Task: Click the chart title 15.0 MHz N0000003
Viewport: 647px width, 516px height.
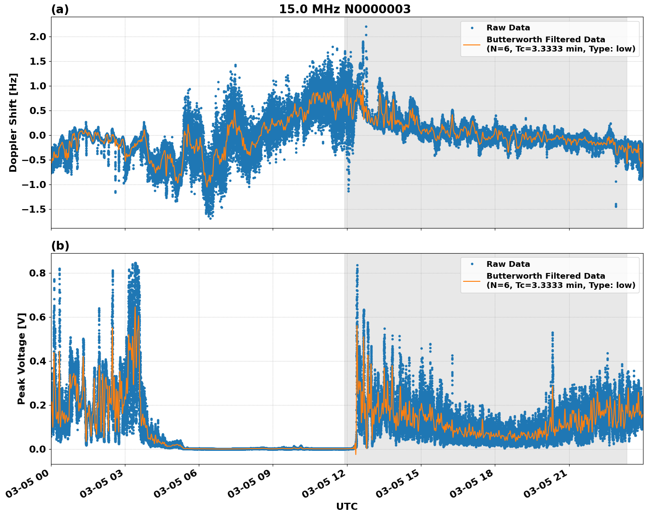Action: (x=344, y=9)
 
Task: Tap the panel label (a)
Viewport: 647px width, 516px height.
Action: (x=60, y=9)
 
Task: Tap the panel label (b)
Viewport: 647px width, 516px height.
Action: (x=60, y=246)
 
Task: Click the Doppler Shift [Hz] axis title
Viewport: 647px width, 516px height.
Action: (x=13, y=122)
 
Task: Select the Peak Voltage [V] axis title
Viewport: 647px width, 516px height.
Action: (x=22, y=358)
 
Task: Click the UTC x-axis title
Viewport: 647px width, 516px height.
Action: (x=347, y=506)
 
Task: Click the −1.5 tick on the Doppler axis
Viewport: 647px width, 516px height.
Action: (x=34, y=209)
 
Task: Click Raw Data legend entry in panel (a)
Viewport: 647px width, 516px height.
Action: (x=508, y=28)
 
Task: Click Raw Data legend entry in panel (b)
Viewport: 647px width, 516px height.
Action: (x=508, y=264)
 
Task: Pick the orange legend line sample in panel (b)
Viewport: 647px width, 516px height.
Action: (x=472, y=280)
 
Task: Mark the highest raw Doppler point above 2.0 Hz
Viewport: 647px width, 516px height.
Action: (x=366, y=26)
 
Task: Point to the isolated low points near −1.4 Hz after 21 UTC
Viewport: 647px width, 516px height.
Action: (x=616, y=205)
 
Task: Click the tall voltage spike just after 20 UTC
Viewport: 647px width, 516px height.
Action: (x=552, y=334)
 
